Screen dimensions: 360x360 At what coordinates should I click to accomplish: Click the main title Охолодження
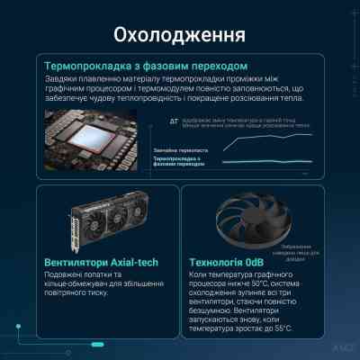(180, 36)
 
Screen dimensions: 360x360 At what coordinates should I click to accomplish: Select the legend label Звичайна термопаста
(180, 149)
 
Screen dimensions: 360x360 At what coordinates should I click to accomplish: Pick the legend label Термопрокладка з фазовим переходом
(180, 162)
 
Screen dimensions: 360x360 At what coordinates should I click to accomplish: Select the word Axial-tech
(137, 262)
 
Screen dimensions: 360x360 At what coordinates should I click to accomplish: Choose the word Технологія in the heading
(220, 262)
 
